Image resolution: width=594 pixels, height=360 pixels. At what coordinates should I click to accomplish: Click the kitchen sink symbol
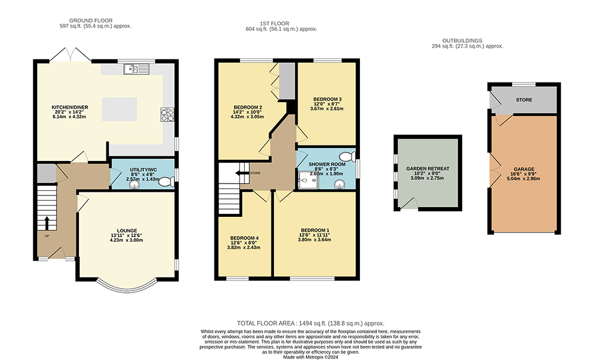point(137,69)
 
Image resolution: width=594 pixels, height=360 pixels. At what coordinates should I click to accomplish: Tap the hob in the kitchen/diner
point(168,115)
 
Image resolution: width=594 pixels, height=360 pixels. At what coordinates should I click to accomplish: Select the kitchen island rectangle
point(119,109)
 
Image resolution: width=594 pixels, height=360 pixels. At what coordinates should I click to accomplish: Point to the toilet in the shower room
point(347,156)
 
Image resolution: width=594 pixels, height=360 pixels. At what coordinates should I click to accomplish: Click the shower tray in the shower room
point(307,179)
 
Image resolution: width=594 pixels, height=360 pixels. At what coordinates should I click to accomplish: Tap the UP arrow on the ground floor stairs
point(47,223)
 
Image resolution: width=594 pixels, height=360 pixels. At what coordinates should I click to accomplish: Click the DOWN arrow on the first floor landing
point(242,173)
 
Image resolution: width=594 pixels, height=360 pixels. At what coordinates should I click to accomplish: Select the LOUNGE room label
point(127,230)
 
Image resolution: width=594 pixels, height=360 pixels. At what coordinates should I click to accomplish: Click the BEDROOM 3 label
point(327,99)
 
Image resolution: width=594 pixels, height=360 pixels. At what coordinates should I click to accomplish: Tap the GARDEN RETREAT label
point(428,169)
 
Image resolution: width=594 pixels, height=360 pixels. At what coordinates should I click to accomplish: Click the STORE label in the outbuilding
point(524,100)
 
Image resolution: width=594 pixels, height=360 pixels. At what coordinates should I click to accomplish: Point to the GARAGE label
point(524,169)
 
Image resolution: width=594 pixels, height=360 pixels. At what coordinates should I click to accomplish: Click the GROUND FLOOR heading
point(91,20)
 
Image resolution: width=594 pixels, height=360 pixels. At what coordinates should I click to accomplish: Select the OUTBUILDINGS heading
point(463,40)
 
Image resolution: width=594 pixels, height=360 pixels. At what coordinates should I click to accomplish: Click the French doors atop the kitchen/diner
point(70,55)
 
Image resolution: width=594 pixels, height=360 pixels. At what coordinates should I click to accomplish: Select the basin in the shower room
point(339,184)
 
